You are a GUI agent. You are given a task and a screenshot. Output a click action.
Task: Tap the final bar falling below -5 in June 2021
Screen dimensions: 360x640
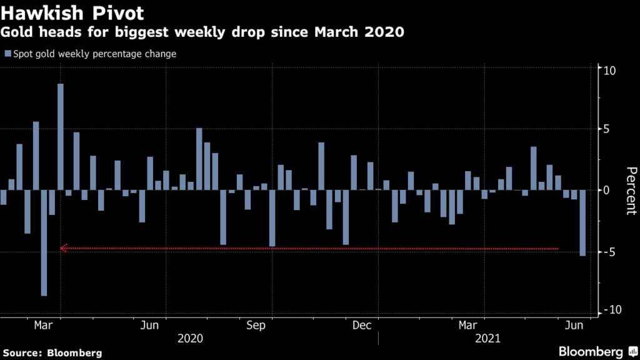(582, 222)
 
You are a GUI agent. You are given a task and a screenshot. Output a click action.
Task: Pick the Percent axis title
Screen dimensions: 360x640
(631, 191)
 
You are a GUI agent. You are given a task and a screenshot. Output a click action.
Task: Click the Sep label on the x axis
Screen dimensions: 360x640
(256, 325)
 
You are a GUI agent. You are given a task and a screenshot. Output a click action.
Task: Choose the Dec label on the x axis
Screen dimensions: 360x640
(362, 325)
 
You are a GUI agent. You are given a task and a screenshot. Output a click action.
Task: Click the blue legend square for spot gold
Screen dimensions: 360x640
(7, 54)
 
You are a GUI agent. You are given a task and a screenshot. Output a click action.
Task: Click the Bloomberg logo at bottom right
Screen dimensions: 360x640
(597, 351)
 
